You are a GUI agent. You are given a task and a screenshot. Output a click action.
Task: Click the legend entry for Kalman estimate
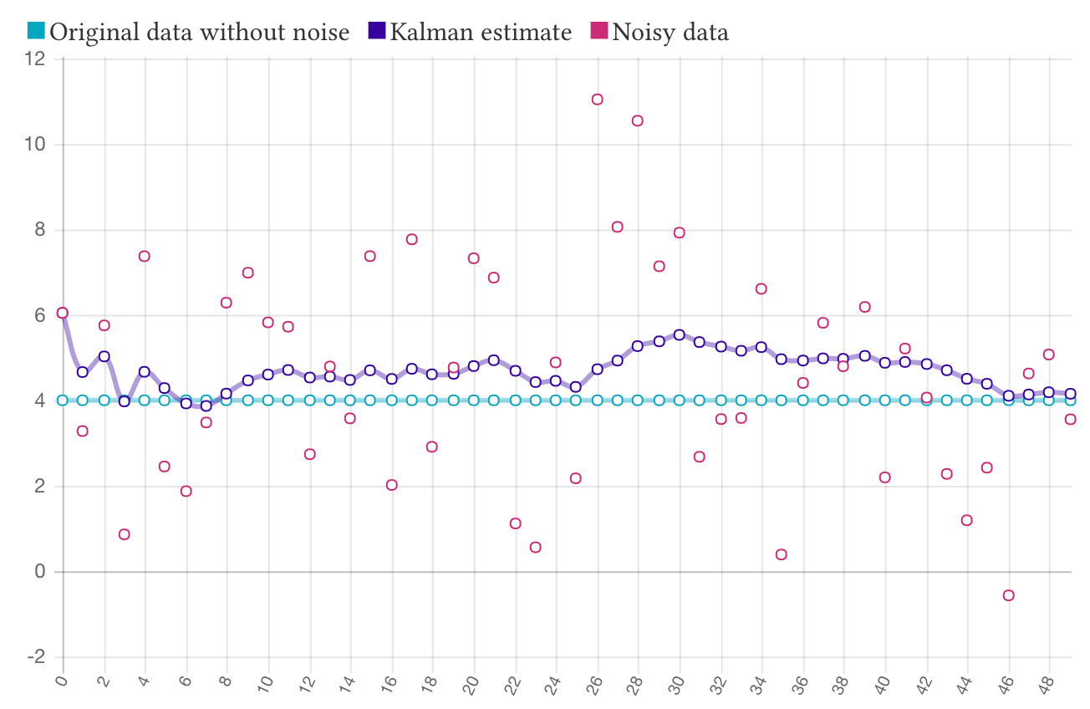coord(471,32)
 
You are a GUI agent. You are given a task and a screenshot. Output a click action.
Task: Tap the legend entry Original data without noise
coord(188,32)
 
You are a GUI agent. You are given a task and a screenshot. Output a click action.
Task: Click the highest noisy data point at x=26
coord(598,99)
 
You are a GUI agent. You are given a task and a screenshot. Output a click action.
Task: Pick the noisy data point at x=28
coord(638,120)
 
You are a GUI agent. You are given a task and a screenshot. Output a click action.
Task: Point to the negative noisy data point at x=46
coord(1009,595)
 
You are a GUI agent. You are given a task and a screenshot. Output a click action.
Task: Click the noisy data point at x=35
coord(782,554)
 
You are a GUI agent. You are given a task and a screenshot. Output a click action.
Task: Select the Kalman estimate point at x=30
coord(680,334)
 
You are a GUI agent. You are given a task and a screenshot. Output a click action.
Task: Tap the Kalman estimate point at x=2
coord(104,356)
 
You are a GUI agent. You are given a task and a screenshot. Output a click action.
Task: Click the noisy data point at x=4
coord(145,256)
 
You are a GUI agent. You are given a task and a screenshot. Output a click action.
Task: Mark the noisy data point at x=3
coord(125,534)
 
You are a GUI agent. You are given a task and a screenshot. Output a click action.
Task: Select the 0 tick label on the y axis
coord(38,573)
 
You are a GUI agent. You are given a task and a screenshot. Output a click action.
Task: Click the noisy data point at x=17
coord(412,239)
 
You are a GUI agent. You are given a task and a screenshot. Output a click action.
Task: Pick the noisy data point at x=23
coord(536,547)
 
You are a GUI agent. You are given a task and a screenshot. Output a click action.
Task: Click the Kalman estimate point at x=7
coord(206,406)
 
